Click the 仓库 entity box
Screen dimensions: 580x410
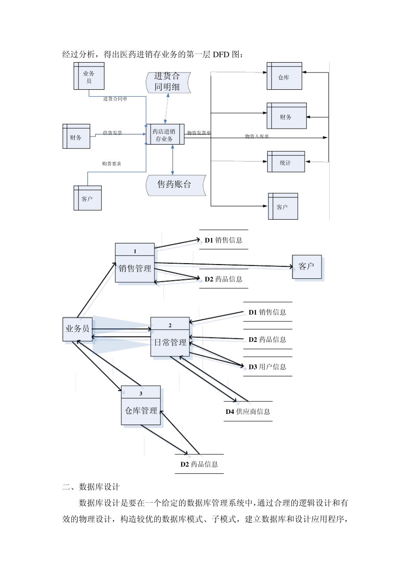pos(284,76)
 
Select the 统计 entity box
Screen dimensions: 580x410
pos(286,162)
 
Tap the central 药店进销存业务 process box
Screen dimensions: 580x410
pos(164,135)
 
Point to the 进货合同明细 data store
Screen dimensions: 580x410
pos(167,82)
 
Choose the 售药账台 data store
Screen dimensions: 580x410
pos(174,185)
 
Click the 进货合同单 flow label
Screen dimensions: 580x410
pos(115,99)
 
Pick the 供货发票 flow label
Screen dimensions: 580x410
pos(112,133)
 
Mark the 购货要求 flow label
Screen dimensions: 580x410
pos(111,164)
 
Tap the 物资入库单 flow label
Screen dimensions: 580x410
pos(257,136)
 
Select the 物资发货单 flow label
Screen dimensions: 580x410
pos(199,133)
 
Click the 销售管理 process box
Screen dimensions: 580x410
pos(135,268)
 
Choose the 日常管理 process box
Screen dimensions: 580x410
pos(170,343)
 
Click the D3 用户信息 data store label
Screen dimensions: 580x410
pos(267,367)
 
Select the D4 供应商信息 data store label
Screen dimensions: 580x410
pos(248,411)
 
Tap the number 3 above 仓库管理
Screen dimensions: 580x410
pos(141,394)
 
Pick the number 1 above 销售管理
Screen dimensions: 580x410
pos(135,251)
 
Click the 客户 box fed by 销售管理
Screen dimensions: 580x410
pos(306,266)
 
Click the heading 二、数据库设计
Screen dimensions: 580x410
pos(91,486)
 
